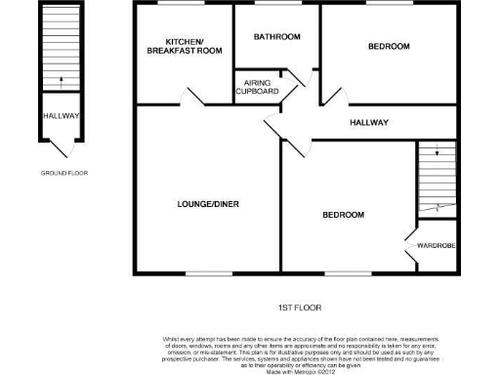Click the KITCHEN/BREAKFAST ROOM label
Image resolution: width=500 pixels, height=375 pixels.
point(184,48)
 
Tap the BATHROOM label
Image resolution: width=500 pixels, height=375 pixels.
point(276,37)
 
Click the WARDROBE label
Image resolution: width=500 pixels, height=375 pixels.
point(436,244)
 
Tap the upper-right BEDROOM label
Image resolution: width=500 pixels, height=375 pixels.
point(388,47)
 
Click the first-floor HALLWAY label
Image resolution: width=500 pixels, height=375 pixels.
point(370,123)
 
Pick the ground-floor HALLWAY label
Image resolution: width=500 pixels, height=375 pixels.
point(61,116)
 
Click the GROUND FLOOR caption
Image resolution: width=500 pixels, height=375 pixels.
point(63,173)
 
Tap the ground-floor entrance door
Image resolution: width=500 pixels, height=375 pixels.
point(61,148)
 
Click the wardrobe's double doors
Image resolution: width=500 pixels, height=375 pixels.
point(411,244)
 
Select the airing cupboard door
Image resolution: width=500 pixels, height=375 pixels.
point(303,81)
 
